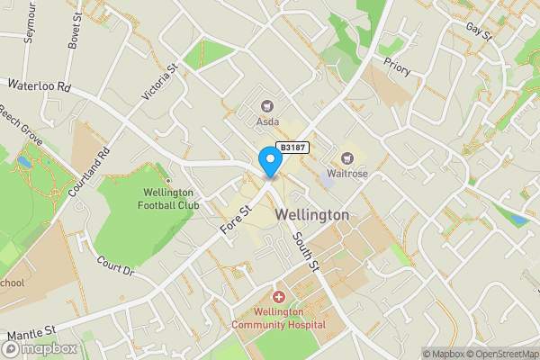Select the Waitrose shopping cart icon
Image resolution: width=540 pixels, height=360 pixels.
pyautogui.click(x=346, y=159)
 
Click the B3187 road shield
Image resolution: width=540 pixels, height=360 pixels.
pyautogui.click(x=293, y=147)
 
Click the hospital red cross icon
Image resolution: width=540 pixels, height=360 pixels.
pyautogui.click(x=278, y=297)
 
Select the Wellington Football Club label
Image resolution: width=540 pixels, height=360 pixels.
pyautogui.click(x=168, y=198)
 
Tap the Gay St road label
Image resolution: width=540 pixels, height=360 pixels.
pyautogui.click(x=481, y=32)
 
